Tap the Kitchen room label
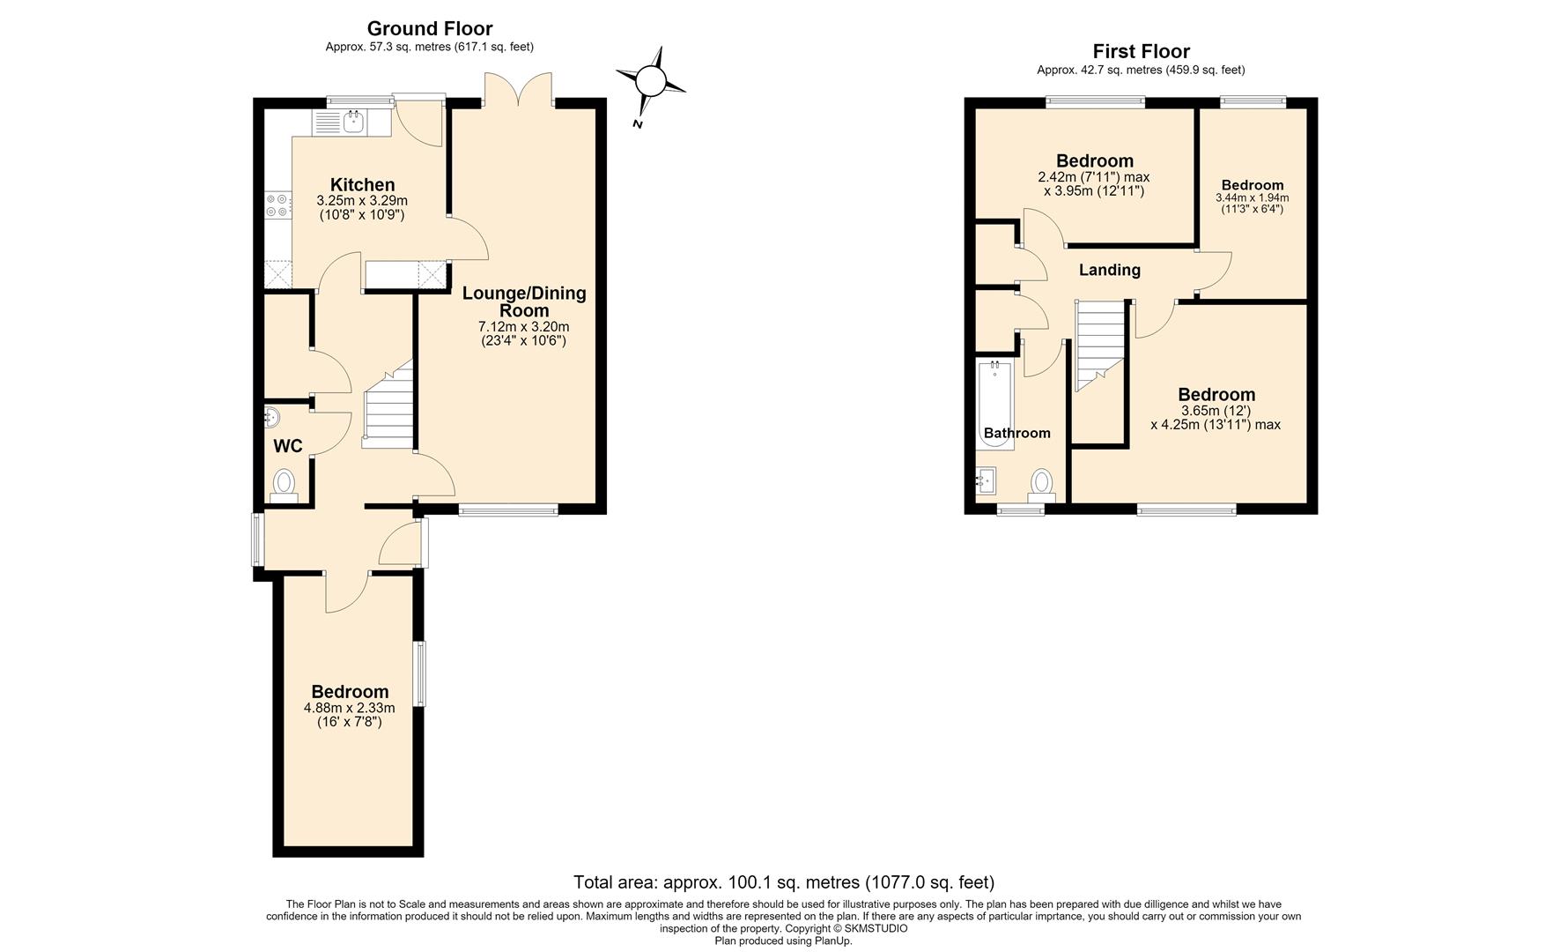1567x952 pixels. (362, 185)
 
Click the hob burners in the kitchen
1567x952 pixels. (277, 205)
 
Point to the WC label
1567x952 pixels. (288, 446)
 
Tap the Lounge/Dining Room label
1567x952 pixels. (524, 301)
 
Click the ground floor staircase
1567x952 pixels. (388, 404)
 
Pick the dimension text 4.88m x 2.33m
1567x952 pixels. (349, 708)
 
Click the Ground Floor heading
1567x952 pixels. (429, 29)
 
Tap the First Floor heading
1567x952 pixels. (1141, 52)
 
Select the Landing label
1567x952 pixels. (1110, 271)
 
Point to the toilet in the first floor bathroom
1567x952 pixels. (1041, 486)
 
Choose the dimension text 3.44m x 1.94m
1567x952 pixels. (1252, 198)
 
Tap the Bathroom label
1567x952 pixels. (1016, 433)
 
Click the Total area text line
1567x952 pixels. (783, 881)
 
